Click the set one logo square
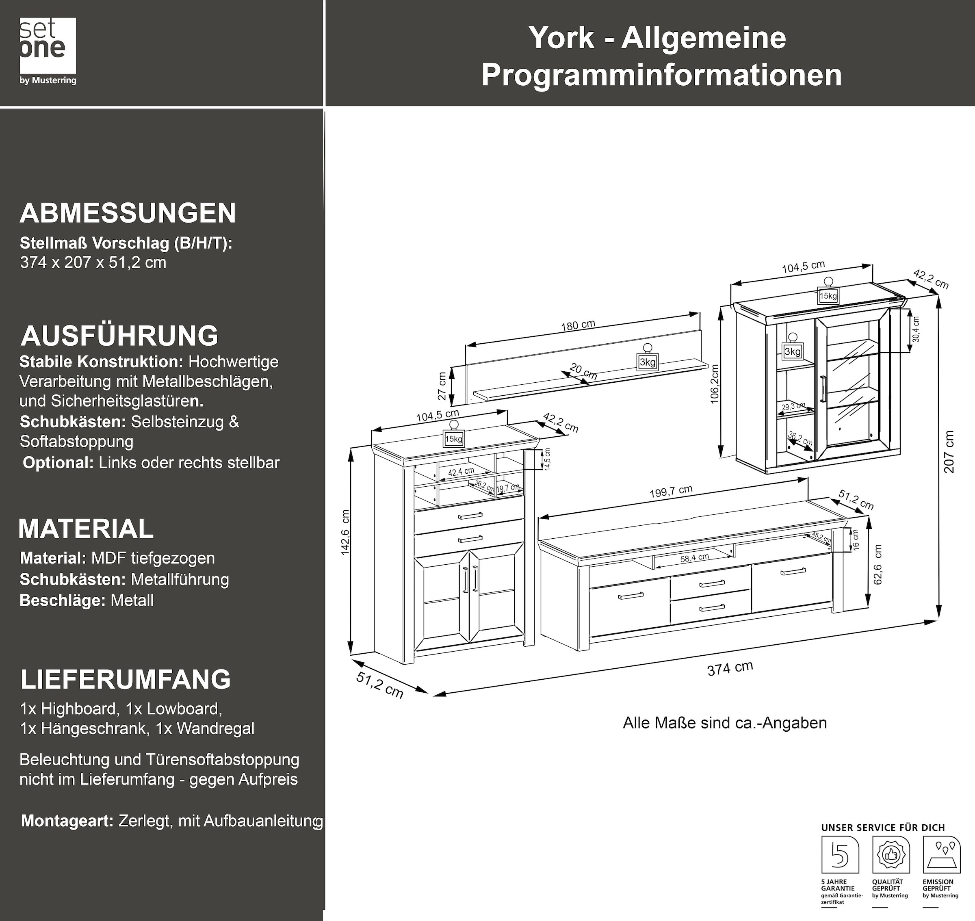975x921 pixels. click(x=48, y=45)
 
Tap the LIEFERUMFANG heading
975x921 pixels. click(x=126, y=679)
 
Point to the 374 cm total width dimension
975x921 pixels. click(x=730, y=669)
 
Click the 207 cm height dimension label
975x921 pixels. click(x=949, y=452)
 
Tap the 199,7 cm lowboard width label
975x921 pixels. click(x=671, y=492)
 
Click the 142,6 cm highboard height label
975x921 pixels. click(x=345, y=533)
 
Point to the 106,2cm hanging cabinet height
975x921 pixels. click(x=714, y=384)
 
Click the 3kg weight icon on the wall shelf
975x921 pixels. click(x=647, y=359)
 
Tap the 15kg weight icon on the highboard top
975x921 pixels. click(x=454, y=436)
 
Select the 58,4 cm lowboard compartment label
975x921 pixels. click(x=694, y=558)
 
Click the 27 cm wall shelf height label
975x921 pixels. click(x=442, y=386)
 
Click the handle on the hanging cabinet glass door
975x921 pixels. click(x=822, y=389)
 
